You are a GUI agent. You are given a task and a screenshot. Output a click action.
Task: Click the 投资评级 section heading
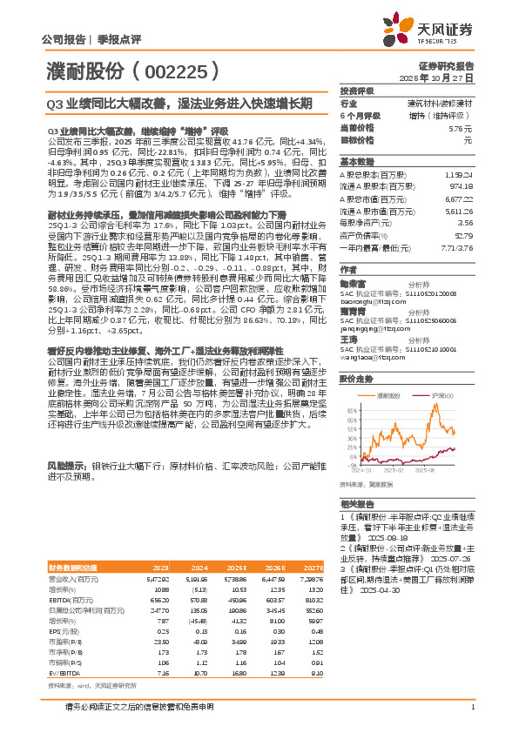357,91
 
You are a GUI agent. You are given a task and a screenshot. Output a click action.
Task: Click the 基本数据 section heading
357,162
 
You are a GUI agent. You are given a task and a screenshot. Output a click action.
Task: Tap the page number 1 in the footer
472,707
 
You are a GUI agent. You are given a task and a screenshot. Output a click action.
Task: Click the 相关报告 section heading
357,503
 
